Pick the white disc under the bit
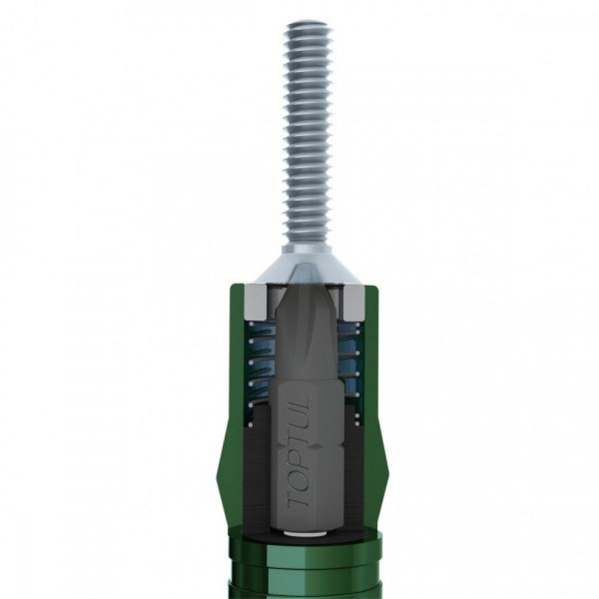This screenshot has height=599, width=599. click(307, 531)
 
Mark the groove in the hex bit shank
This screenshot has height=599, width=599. click(307, 446)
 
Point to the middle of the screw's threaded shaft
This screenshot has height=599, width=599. click(307, 132)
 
